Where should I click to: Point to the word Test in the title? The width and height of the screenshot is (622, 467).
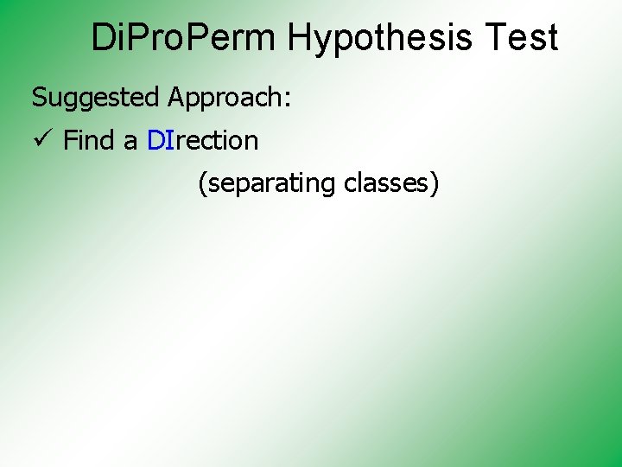[x=522, y=38]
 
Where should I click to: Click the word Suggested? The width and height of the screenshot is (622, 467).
[x=96, y=99]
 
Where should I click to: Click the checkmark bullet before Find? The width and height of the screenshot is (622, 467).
[x=41, y=138]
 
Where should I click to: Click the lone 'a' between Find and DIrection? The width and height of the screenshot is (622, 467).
[x=130, y=142]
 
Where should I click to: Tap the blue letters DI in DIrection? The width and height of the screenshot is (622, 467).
[x=161, y=140]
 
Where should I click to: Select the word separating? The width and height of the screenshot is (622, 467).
[x=270, y=184]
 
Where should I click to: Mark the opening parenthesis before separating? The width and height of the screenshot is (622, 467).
[x=202, y=184]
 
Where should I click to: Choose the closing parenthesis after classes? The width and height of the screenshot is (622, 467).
[x=435, y=184]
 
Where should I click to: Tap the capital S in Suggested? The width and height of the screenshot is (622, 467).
[x=39, y=97]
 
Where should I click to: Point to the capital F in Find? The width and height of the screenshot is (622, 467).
[x=70, y=140]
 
